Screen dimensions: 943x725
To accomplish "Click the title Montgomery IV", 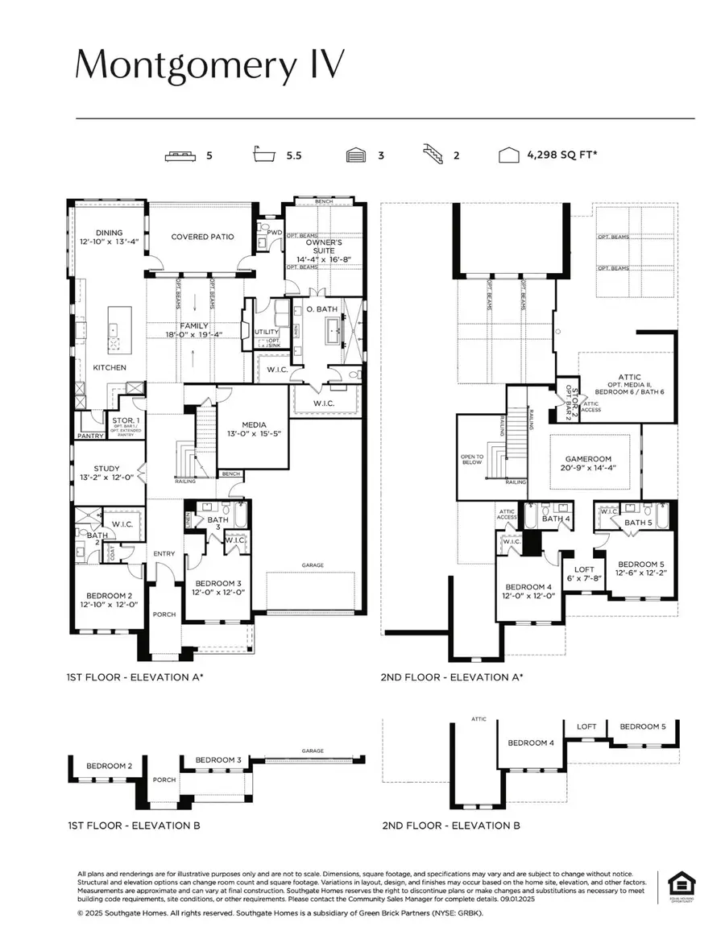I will click(210, 65).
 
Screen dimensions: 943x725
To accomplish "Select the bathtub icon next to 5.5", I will click(264, 155).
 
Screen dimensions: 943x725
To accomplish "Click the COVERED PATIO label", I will click(202, 237).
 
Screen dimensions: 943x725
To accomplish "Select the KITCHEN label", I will click(110, 367).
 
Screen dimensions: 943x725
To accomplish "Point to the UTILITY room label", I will click(266, 331).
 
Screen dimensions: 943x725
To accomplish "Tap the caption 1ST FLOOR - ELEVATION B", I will click(134, 825).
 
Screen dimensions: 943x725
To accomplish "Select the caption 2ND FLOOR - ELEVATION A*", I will click(452, 677).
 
